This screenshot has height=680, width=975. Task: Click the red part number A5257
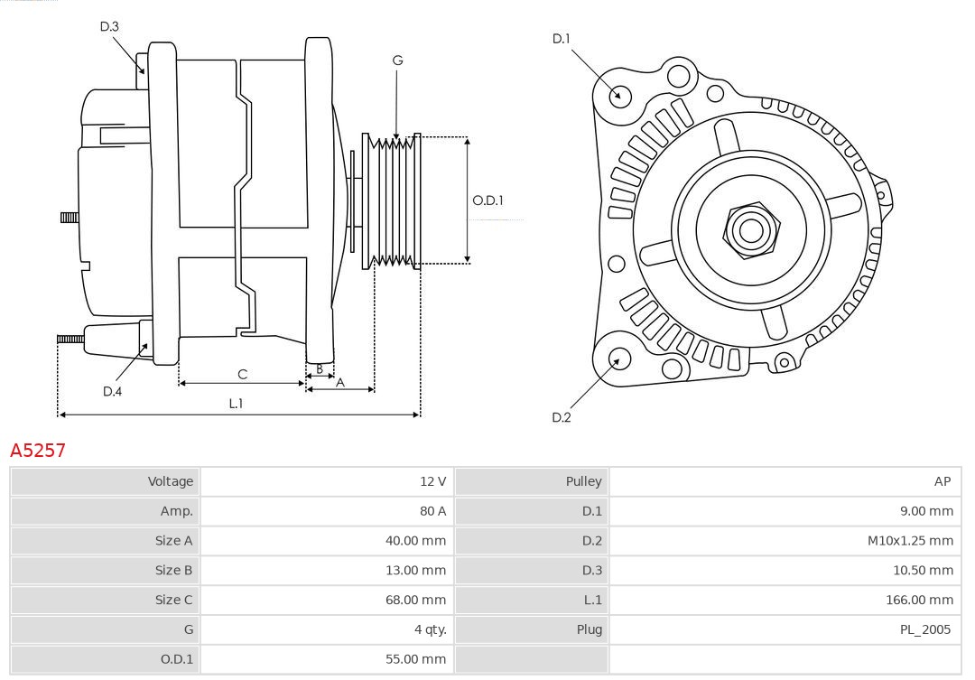tap(38, 450)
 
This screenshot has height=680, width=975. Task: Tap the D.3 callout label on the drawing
tap(109, 27)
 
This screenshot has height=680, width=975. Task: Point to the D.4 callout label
tap(112, 391)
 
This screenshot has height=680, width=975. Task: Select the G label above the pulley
tap(397, 61)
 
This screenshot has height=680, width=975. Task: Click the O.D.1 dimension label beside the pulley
tap(487, 200)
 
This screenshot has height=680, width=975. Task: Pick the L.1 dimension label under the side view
tap(236, 404)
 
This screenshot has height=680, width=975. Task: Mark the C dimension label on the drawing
tap(242, 374)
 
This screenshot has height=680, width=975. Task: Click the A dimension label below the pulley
tap(340, 382)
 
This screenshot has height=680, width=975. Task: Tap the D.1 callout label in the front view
tap(562, 39)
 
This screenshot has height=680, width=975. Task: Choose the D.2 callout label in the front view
tap(562, 417)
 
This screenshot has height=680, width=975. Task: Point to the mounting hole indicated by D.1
tap(620, 95)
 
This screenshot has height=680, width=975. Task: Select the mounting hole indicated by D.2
tap(618, 359)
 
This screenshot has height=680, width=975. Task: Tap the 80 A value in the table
tap(432, 511)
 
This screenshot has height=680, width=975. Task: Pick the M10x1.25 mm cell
tap(910, 541)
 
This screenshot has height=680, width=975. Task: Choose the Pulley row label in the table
tap(583, 481)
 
